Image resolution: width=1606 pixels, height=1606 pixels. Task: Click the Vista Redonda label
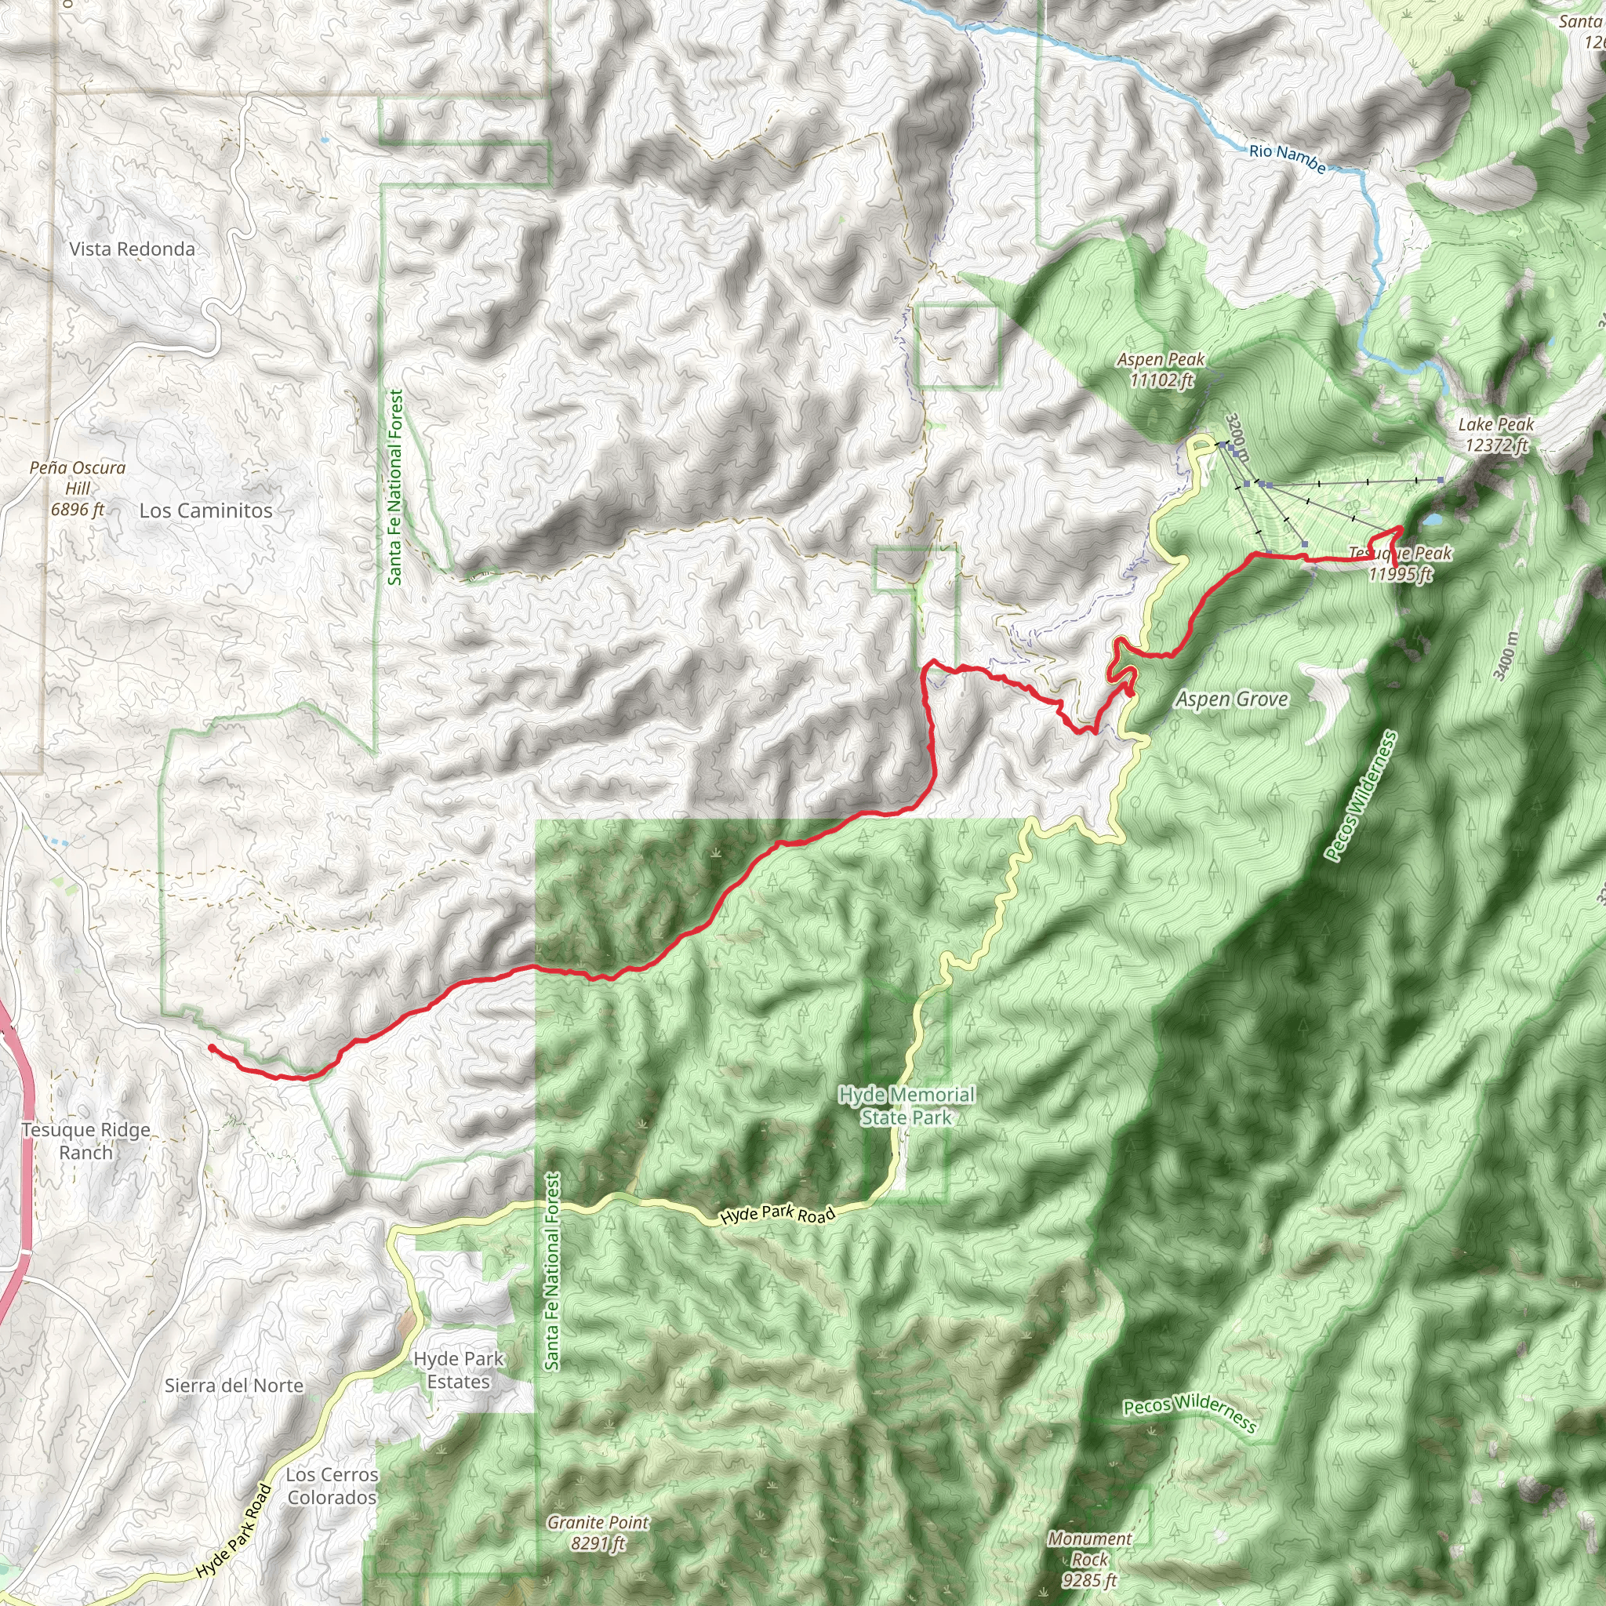tap(133, 249)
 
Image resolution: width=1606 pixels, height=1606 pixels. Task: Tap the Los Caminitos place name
tap(205, 511)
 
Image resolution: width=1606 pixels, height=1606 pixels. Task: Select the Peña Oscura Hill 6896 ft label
tap(78, 489)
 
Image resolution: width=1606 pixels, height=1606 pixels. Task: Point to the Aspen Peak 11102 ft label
tap(1161, 370)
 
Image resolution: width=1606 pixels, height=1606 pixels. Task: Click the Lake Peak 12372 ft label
tap(1496, 434)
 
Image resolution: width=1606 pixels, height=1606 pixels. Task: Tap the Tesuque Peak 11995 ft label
tap(1401, 564)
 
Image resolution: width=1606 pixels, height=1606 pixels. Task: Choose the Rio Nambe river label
tap(1287, 158)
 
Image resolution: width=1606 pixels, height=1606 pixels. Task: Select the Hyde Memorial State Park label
tap(906, 1106)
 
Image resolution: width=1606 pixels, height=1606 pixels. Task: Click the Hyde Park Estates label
tap(459, 1370)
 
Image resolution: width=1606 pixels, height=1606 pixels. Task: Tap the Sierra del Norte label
tap(234, 1385)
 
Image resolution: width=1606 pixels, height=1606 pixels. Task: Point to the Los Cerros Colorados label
tap(332, 1485)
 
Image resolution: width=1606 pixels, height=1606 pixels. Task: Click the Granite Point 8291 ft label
tap(598, 1533)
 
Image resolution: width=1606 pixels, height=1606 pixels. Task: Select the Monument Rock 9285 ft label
tap(1089, 1560)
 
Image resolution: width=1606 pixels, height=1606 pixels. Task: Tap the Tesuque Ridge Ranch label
tap(85, 1140)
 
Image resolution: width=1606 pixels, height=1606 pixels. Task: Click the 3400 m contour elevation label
tap(1506, 656)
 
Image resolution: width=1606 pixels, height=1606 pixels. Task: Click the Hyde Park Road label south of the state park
tap(777, 1215)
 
